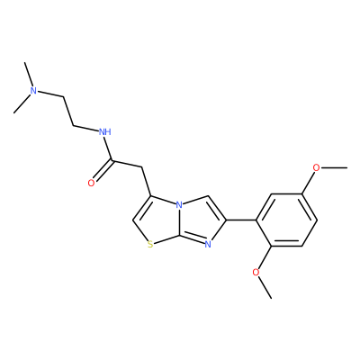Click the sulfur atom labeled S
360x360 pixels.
150,246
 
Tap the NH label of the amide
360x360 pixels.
105,131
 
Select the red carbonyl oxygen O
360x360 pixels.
91,183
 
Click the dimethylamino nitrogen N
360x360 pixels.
34,91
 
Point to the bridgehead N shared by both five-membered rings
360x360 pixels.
179,205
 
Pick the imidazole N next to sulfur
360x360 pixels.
208,245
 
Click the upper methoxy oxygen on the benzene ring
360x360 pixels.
316,167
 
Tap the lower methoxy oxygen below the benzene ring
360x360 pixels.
256,273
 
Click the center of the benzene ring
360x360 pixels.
286,220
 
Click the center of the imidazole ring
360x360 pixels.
200,220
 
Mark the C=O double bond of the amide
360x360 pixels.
103,171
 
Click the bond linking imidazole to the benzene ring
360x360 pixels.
241,220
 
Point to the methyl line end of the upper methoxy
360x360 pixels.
347,167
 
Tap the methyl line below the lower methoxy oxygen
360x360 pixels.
265,288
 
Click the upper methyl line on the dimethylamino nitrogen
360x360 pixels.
29,75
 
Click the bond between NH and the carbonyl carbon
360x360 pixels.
108,148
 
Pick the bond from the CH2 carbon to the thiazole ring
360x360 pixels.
146,182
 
